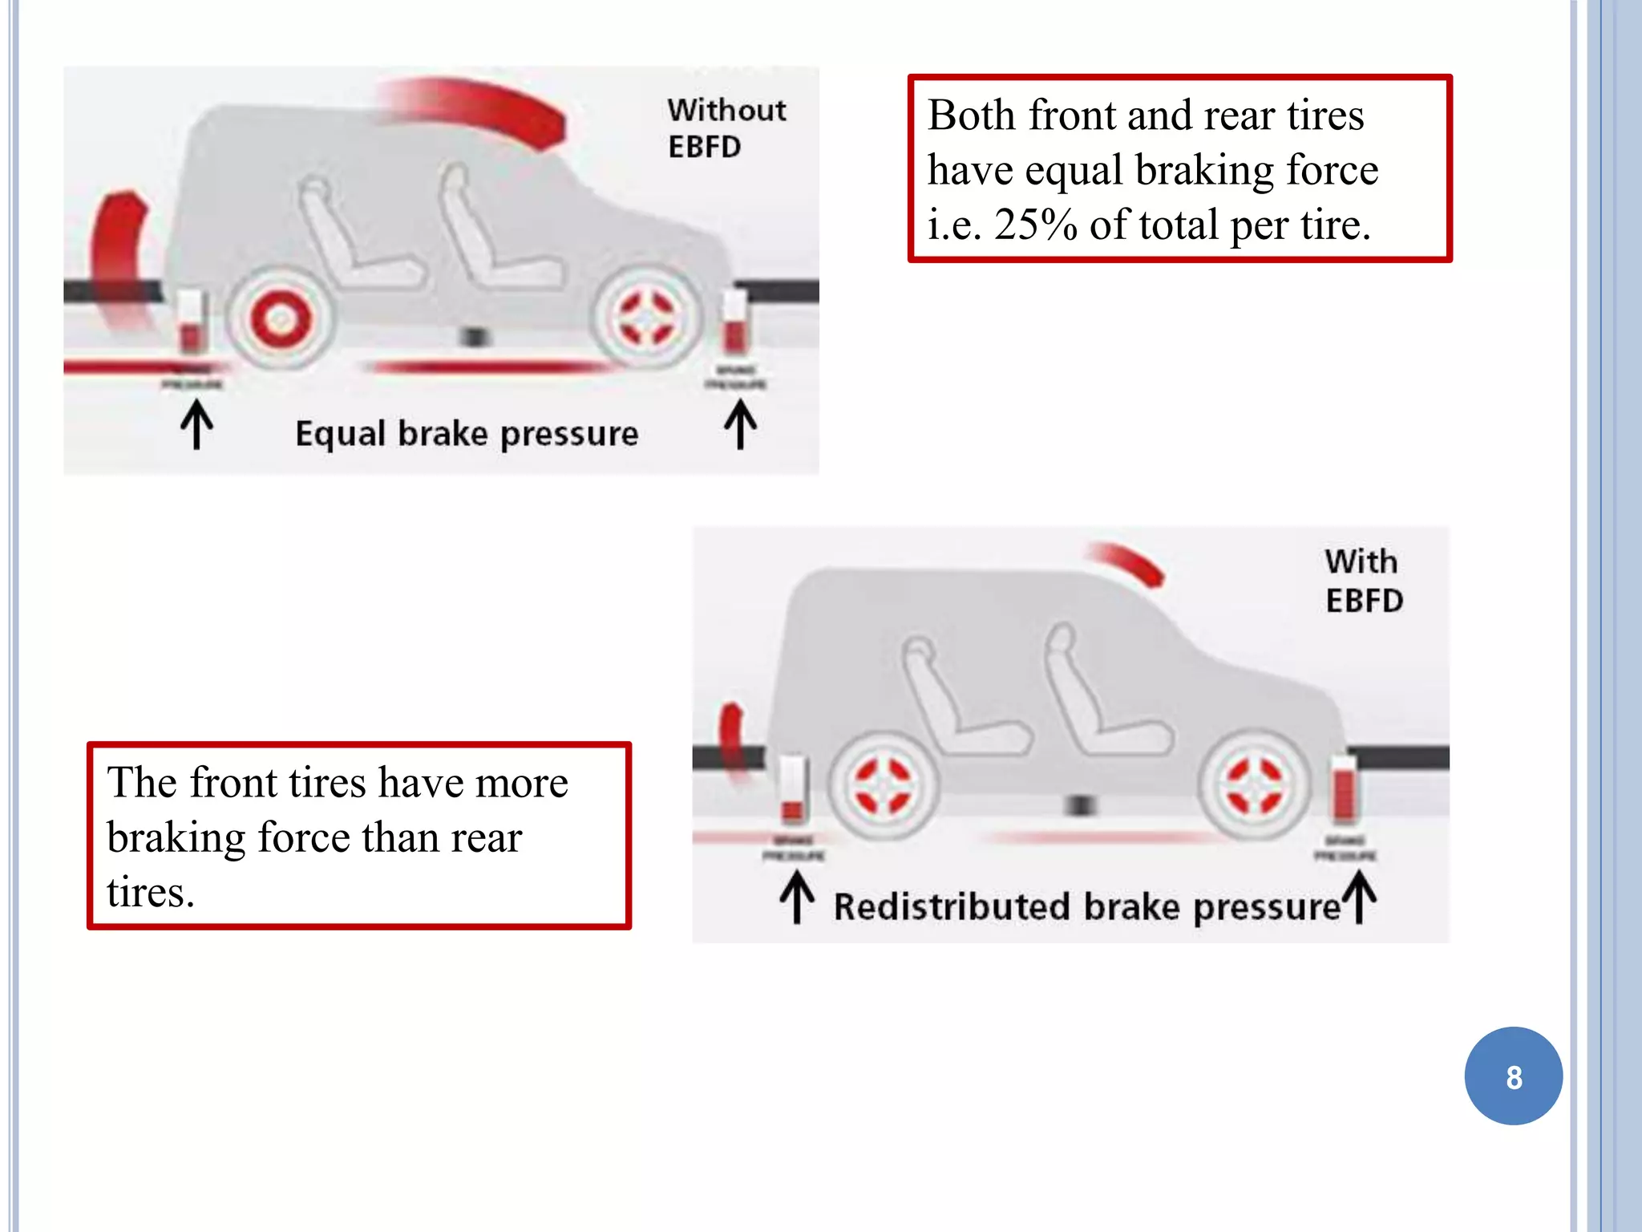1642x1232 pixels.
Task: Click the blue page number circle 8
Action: tap(1513, 1076)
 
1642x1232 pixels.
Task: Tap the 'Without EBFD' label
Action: tap(726, 128)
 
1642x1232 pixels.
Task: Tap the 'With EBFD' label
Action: tap(1363, 581)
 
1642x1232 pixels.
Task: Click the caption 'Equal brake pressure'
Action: tap(467, 434)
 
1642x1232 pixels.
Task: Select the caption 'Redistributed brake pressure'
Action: tap(1086, 907)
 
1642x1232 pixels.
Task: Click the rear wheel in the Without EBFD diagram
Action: tap(280, 319)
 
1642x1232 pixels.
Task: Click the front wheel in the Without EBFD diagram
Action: tap(648, 318)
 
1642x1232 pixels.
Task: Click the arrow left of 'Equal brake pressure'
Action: tap(196, 425)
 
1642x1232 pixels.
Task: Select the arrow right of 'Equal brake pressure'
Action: tap(740, 425)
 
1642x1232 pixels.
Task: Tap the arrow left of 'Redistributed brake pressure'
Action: tap(797, 898)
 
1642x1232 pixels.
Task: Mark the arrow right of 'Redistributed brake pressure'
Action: tap(1361, 898)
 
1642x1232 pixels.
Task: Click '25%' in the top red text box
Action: tap(1036, 225)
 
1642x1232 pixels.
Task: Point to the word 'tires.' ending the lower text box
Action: tap(151, 892)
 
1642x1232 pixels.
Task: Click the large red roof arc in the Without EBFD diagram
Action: tap(481, 108)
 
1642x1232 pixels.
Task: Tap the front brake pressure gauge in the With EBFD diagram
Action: tap(1345, 790)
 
